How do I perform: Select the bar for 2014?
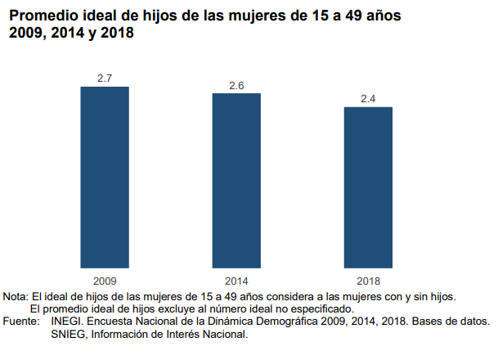[x=236, y=180]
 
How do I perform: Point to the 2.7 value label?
[x=104, y=79]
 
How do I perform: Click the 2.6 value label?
[x=236, y=86]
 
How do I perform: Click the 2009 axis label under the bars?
[x=104, y=279]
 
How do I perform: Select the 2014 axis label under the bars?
[x=236, y=279]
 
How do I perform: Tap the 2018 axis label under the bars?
[x=369, y=279]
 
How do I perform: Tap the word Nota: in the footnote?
[x=16, y=295]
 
